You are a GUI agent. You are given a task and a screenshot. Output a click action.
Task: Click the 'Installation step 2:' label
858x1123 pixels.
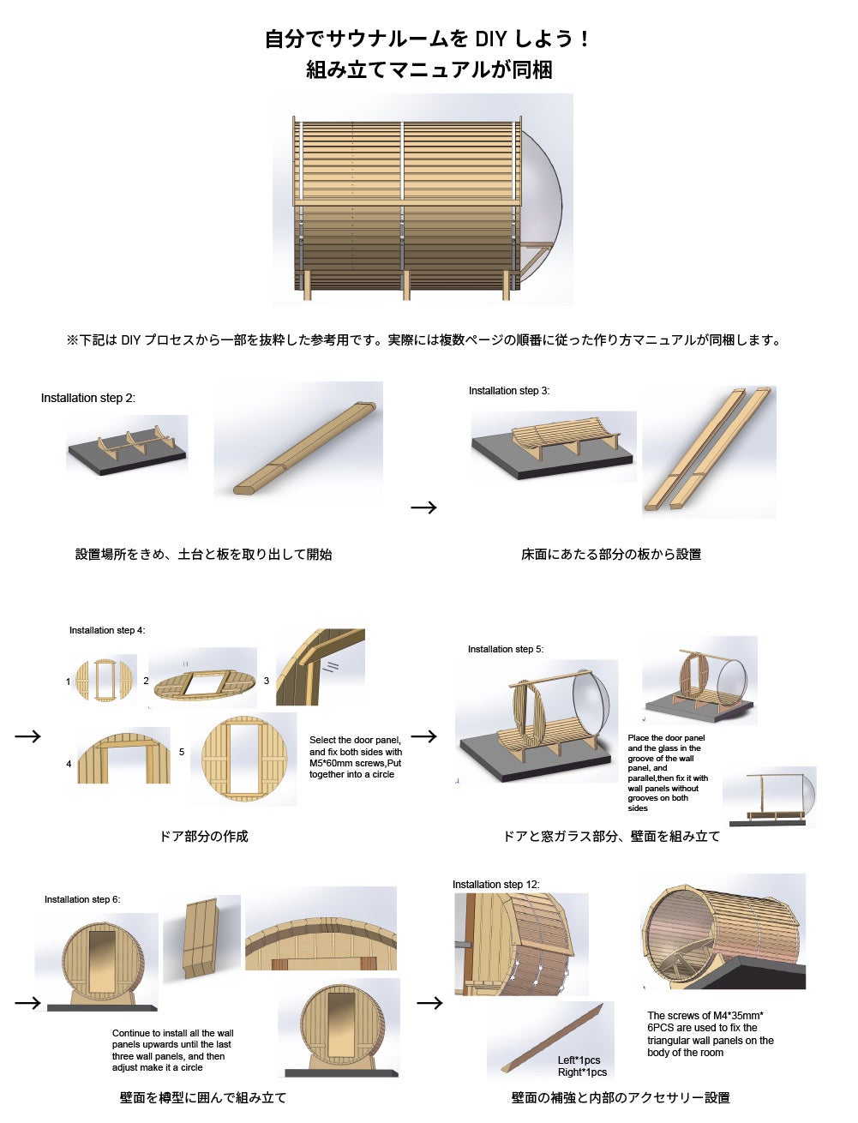coord(88,398)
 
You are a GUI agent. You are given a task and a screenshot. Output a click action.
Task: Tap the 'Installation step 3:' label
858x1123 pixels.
coord(509,391)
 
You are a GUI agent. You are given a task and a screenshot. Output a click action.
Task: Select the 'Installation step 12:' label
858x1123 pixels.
coord(495,885)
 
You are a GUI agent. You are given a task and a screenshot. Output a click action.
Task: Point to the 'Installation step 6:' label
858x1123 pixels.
coord(82,899)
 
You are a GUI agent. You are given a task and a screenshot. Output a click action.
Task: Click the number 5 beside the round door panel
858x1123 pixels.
coord(182,752)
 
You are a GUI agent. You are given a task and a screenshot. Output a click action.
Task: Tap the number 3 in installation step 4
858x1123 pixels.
coord(266,681)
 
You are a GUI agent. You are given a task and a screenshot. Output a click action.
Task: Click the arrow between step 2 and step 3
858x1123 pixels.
coord(423,507)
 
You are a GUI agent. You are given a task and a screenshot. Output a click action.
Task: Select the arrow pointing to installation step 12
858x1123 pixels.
coord(429,1003)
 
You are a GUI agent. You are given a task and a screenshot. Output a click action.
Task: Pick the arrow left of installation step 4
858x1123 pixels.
coord(27,736)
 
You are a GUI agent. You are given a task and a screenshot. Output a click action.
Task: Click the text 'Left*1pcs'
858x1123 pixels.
coord(579,1060)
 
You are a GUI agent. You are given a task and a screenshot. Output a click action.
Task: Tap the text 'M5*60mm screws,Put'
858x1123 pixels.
coord(355,763)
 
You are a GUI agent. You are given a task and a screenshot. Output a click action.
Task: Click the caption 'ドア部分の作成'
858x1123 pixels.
coord(203,837)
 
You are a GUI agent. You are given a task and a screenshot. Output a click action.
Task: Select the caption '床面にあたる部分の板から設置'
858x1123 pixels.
coord(611,554)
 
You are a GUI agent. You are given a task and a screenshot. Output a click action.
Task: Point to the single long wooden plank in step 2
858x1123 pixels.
coord(305,448)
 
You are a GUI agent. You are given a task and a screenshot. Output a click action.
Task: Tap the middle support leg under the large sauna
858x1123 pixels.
coord(406,285)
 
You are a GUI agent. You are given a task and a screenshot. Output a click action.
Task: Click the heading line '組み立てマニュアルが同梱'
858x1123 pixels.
coord(429,69)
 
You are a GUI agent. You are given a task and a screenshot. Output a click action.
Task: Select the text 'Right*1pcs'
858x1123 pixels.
coord(582,1072)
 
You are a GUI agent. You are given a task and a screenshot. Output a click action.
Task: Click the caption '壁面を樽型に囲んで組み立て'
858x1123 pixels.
coord(203,1097)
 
